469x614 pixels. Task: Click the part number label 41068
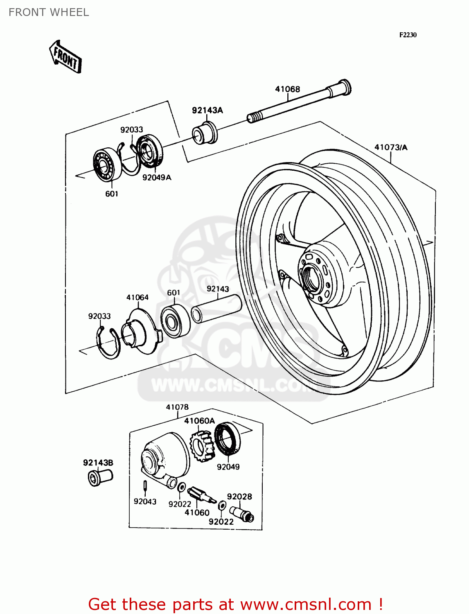coord(287,89)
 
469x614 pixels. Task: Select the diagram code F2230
coord(408,35)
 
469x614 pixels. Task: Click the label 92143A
coord(207,110)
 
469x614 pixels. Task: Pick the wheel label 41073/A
coord(391,147)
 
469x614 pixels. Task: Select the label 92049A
coord(157,177)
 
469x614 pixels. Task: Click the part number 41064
coord(137,297)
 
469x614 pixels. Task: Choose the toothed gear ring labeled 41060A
coord(203,446)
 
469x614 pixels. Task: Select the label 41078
coord(177,407)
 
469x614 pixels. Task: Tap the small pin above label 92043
coord(145,485)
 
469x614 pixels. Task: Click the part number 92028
coord(239,497)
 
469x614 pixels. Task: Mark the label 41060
coord(197,512)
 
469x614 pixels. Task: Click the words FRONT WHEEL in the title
coord(49,12)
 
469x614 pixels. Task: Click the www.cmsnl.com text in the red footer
coord(305,604)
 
